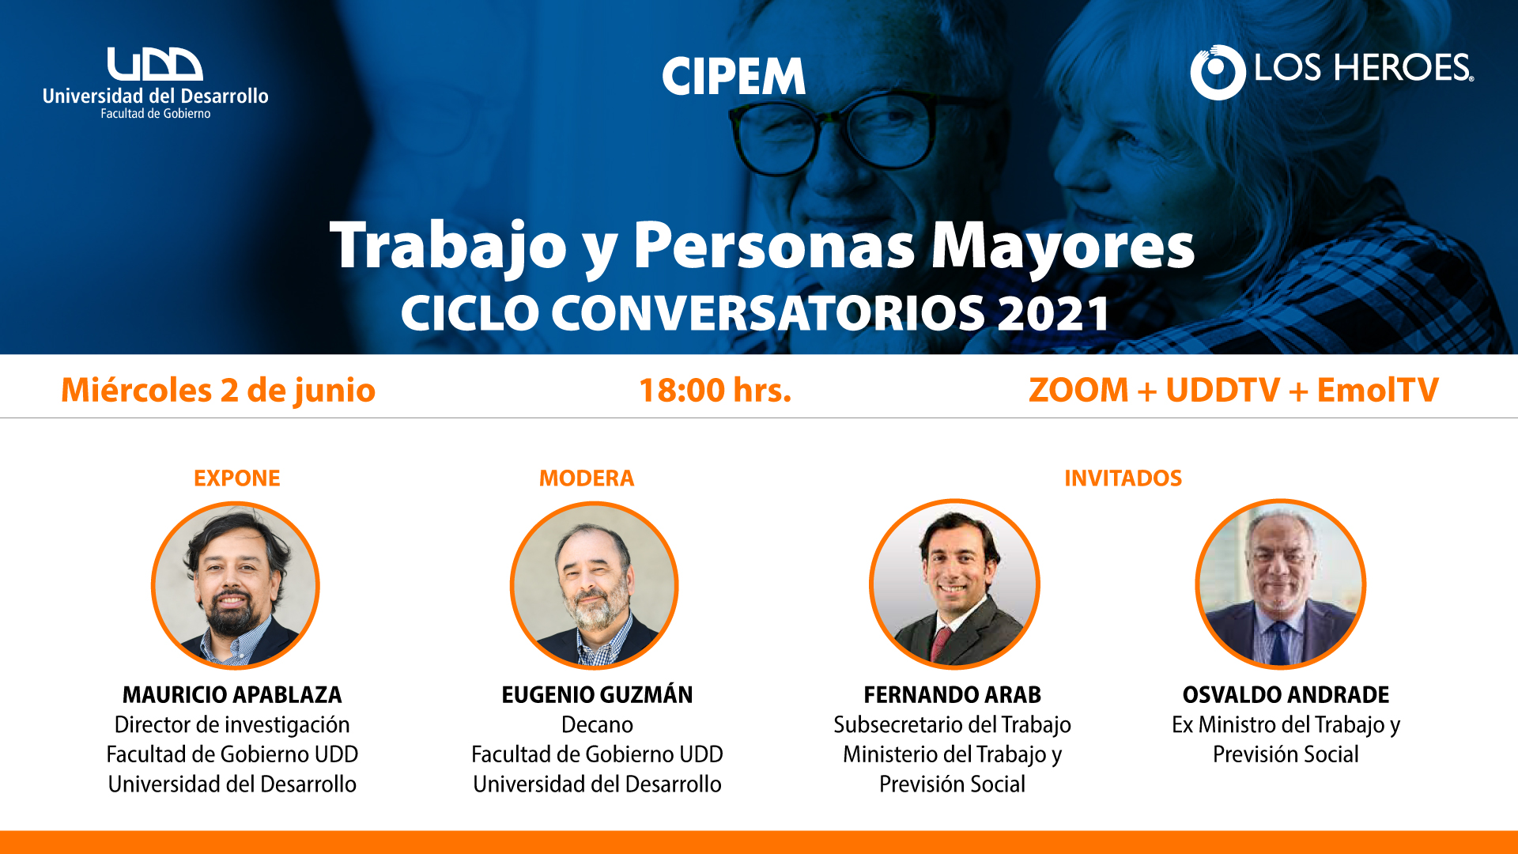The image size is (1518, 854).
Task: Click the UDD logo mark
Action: click(155, 64)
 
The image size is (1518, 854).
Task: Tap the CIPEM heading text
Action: click(734, 77)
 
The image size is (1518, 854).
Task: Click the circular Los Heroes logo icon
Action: click(1218, 72)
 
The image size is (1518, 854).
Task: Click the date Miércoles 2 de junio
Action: click(218, 391)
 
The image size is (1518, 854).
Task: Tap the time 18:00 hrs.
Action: click(715, 391)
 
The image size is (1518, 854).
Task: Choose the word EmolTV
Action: click(1378, 390)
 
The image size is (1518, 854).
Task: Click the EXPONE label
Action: click(237, 478)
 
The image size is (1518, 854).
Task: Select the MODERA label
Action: click(587, 478)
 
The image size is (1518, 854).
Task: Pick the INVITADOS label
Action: click(1123, 478)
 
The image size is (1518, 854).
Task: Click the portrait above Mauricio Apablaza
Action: click(236, 585)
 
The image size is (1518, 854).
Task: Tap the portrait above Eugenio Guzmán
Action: click(595, 585)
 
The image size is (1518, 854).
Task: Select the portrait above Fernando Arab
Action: click(954, 584)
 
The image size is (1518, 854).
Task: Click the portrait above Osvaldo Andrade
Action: click(1281, 584)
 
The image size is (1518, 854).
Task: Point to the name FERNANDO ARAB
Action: click(952, 695)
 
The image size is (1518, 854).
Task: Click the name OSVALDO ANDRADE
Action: click(1286, 695)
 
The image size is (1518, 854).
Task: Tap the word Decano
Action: click(597, 725)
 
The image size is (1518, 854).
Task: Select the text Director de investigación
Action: click(232, 725)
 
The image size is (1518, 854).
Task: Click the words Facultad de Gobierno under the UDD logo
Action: click(156, 114)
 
